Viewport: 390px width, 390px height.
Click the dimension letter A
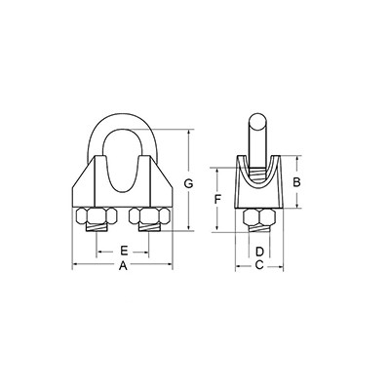point(123,266)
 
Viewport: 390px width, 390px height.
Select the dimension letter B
point(296,182)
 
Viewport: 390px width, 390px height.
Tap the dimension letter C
point(259,265)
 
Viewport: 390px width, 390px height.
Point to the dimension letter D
point(259,252)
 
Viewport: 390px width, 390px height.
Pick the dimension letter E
point(124,251)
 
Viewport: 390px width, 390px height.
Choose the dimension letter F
point(217,199)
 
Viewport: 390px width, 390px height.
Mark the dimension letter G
point(188,183)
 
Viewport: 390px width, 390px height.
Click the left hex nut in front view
point(97,216)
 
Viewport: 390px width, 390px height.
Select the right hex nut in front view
point(149,216)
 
